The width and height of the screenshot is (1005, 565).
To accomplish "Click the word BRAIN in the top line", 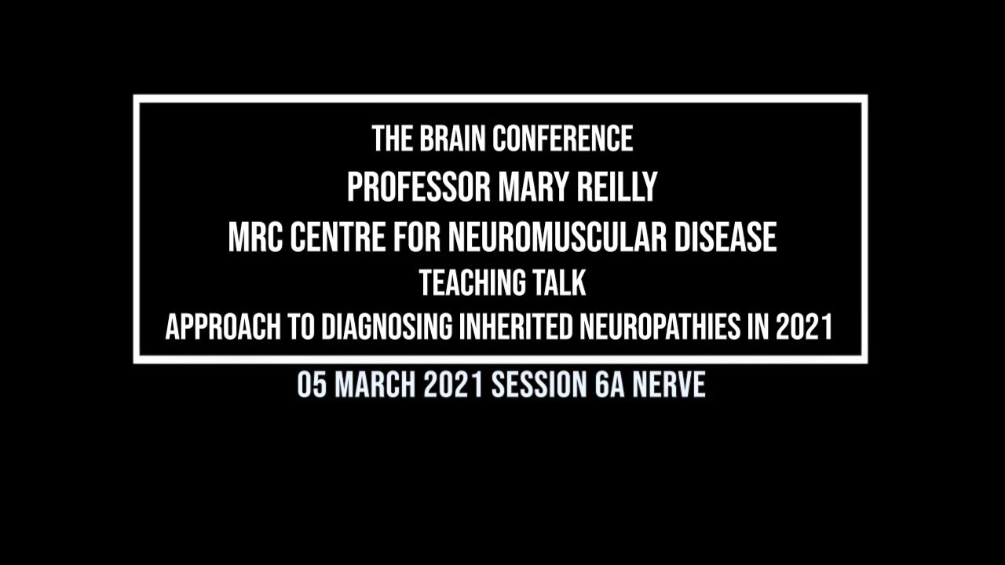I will (446, 140).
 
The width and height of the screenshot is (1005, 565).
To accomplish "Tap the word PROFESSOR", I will (418, 188).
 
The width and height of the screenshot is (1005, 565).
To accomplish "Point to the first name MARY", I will (534, 188).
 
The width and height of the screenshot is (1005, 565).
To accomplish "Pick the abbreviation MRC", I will (254, 237).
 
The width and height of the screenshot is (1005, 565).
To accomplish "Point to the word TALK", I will (560, 283).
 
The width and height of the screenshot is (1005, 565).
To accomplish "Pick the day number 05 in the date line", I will (312, 385).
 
